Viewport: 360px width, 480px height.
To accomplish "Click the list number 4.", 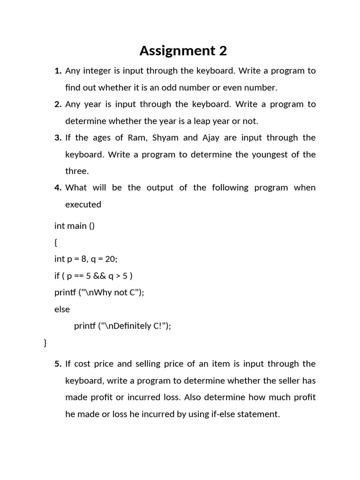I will (x=58, y=188).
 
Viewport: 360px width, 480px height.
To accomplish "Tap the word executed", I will (x=83, y=205).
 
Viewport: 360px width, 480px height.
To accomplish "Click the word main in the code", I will (x=77, y=226).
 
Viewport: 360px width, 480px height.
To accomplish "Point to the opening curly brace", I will (x=56, y=242).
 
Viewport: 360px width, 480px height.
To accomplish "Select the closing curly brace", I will (x=45, y=343).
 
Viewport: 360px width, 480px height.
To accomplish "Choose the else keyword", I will (x=62, y=309).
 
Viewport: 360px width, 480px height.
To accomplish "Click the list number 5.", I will (x=58, y=364).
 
